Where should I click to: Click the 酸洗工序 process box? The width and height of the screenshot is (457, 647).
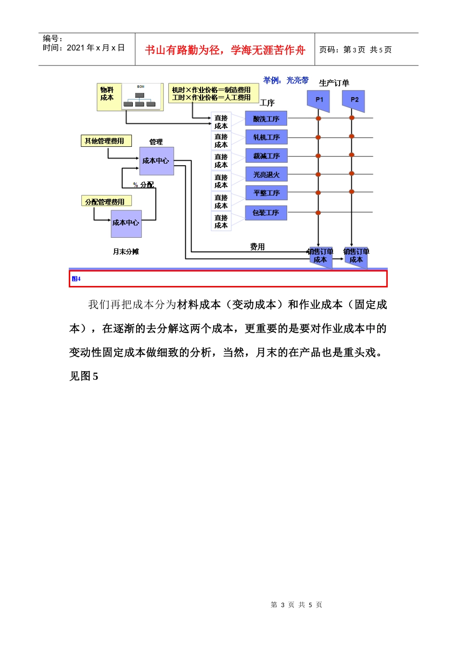[x=266, y=118]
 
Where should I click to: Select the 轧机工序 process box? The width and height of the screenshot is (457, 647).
[x=266, y=137]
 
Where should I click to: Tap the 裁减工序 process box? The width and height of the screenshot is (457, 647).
[x=266, y=156]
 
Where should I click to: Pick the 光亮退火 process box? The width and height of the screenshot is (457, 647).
[x=266, y=174]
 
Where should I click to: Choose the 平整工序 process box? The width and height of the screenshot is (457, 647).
[x=266, y=193]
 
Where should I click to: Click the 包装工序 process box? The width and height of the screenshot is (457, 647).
[x=266, y=212]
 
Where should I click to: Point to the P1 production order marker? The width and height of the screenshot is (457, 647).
[x=318, y=100]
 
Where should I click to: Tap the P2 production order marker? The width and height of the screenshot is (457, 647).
[x=354, y=100]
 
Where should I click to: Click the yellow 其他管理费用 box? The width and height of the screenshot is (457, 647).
[x=106, y=141]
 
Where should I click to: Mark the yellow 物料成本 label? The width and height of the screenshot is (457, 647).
[x=108, y=94]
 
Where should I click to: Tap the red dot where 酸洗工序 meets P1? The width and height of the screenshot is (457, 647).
[x=318, y=118]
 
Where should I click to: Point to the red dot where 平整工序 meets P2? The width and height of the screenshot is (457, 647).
[x=352, y=192]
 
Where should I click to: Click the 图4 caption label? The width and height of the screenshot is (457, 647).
[x=76, y=279]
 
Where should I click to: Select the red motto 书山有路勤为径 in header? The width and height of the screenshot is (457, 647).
[x=225, y=50]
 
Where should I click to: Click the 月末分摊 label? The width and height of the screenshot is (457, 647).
[x=126, y=251]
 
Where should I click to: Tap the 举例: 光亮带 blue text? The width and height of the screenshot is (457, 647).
[x=286, y=80]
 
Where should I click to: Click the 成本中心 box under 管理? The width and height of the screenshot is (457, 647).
[x=156, y=161]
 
